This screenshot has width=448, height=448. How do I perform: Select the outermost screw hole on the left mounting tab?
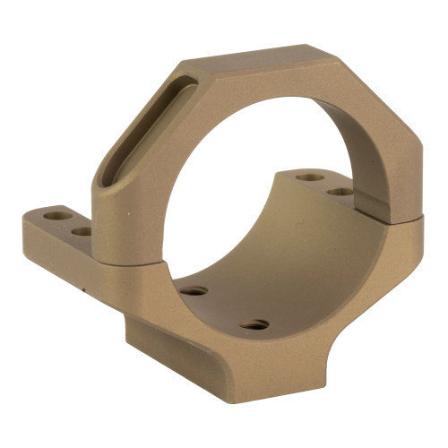click(x=64, y=216)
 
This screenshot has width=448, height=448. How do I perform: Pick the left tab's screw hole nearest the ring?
click(x=82, y=230)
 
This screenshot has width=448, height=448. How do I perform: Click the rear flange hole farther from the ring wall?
click(x=309, y=177)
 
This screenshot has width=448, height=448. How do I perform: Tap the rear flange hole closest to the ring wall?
click(x=339, y=191)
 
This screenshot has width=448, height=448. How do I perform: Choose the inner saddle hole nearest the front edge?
click(x=254, y=323)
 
